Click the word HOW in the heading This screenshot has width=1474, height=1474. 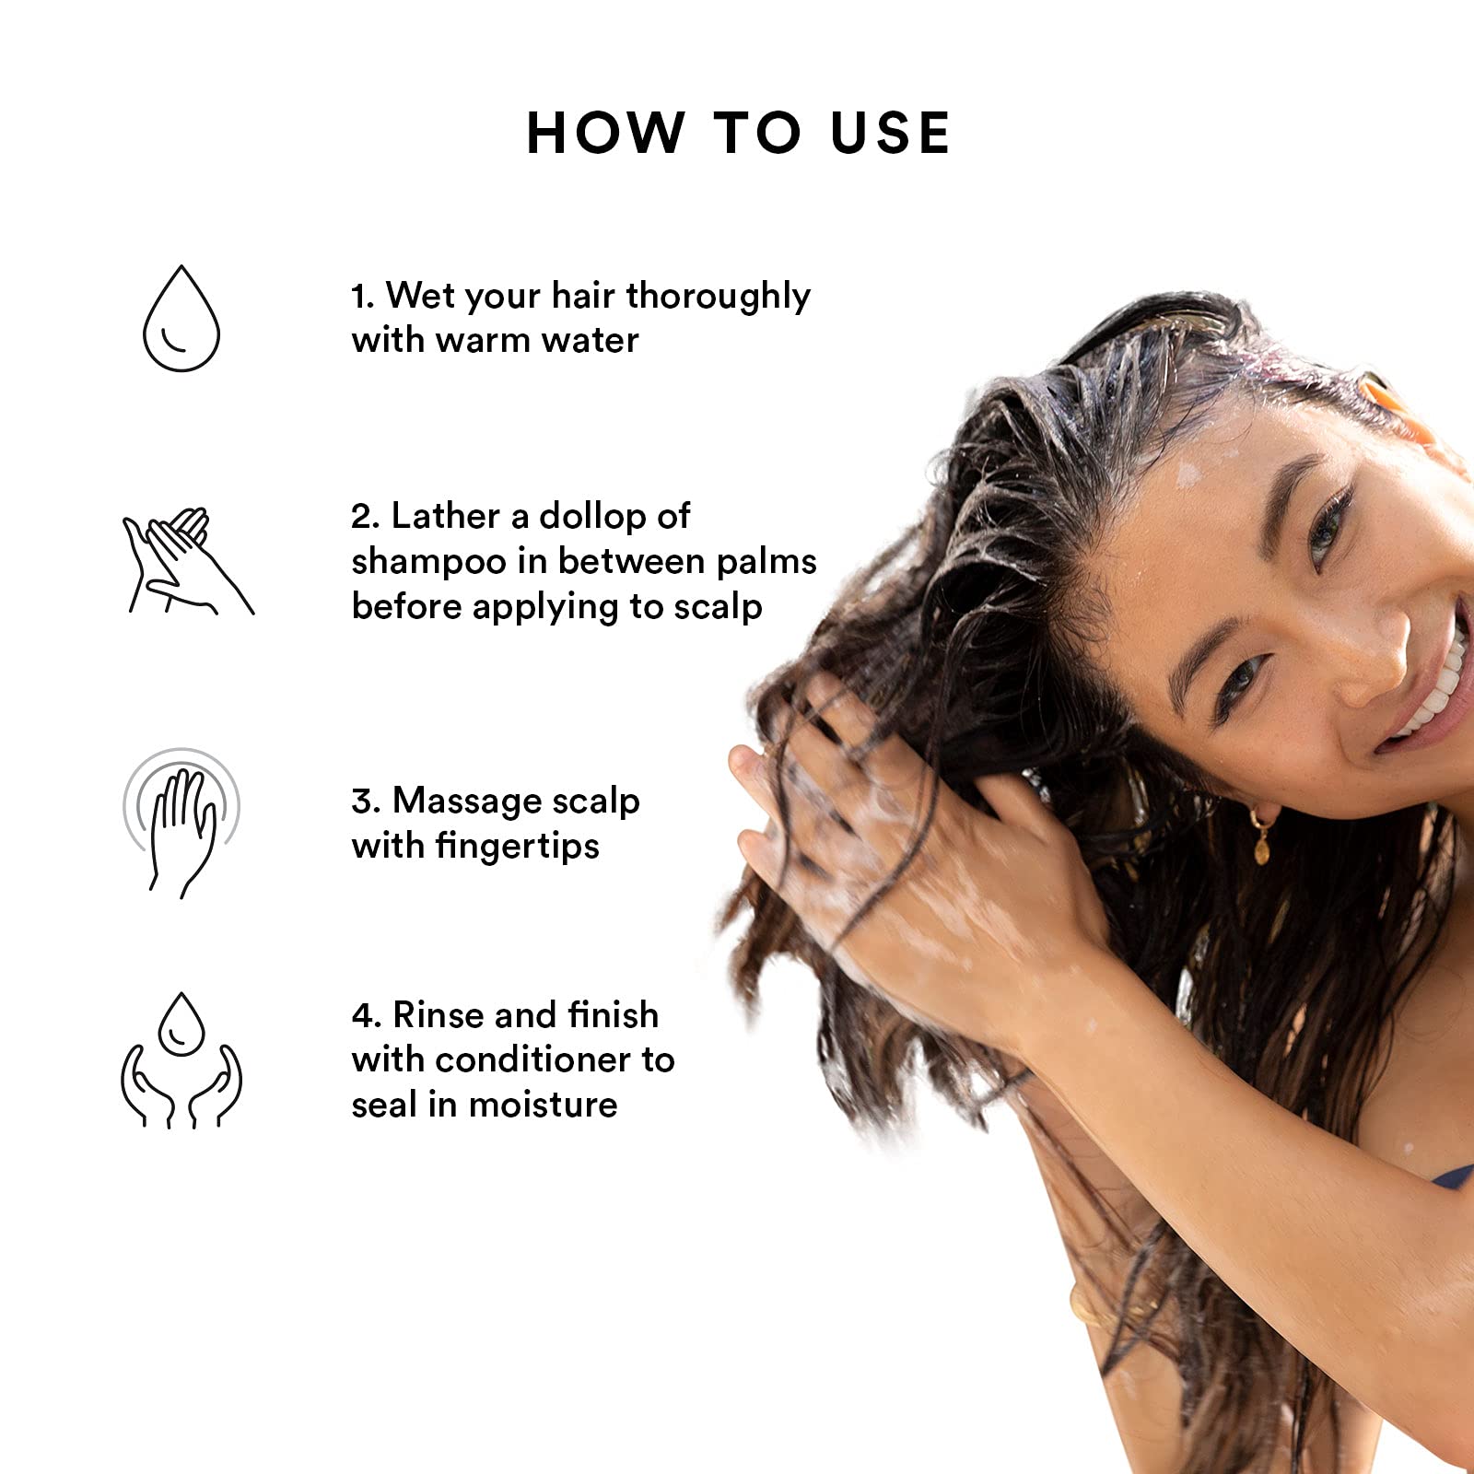click(x=605, y=133)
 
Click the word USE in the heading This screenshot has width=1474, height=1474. click(x=890, y=133)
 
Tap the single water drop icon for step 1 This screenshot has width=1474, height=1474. click(x=181, y=320)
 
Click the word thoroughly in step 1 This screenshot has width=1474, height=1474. click(x=718, y=297)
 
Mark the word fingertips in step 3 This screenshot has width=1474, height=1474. click(x=517, y=847)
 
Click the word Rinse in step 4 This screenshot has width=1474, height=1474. click(x=438, y=1015)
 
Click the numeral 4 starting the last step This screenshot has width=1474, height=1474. click(x=361, y=1016)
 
